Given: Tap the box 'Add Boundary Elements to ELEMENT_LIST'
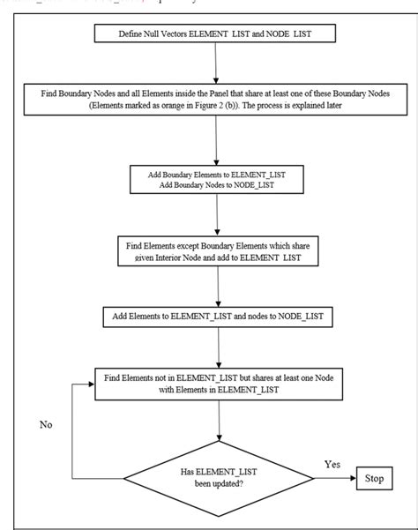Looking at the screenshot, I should pyautogui.click(x=216, y=180).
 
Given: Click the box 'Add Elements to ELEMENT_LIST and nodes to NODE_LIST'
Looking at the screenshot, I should pyautogui.click(x=216, y=316).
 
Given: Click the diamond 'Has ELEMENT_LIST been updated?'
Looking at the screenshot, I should pyautogui.click(x=216, y=481).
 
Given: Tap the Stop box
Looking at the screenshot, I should pyautogui.click(x=373, y=480).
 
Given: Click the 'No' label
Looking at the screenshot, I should pyautogui.click(x=48, y=424).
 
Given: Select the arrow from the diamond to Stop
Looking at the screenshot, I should pyautogui.click(x=331, y=481).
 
